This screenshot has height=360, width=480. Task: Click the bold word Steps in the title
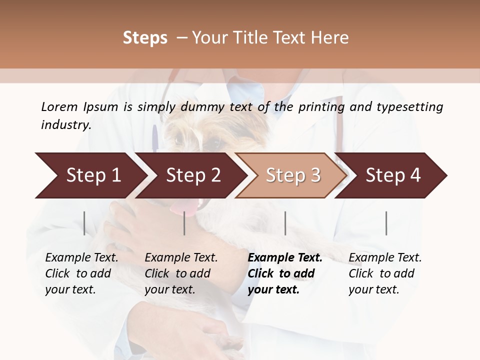(x=145, y=38)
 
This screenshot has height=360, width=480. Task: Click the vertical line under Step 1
(x=84, y=223)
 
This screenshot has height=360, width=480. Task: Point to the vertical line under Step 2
(x=184, y=223)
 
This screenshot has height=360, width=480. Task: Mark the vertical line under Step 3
(x=285, y=223)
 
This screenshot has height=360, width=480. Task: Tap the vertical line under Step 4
(x=386, y=223)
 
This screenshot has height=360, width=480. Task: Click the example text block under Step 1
(x=81, y=273)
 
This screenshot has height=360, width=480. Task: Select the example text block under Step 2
(x=181, y=273)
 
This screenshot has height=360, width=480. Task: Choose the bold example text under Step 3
(x=285, y=273)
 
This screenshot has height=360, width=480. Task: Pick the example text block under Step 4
(x=385, y=273)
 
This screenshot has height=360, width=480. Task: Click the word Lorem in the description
(x=59, y=107)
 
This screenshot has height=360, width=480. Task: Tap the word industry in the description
(x=66, y=125)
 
